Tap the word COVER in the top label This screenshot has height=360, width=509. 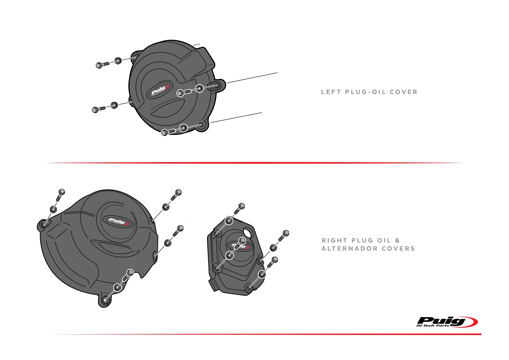[404, 92]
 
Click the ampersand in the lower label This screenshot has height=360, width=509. [397, 240]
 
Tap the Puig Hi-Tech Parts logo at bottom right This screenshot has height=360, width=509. [447, 322]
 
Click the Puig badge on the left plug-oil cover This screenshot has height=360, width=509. [159, 90]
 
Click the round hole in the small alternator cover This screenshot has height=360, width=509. [248, 233]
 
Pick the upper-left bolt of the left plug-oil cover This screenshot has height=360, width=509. [102, 64]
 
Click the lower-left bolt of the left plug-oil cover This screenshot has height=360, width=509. [99, 109]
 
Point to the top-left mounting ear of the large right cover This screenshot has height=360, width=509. [44, 225]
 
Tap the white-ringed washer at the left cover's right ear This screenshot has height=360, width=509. [199, 88]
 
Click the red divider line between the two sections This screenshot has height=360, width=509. [255, 163]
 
